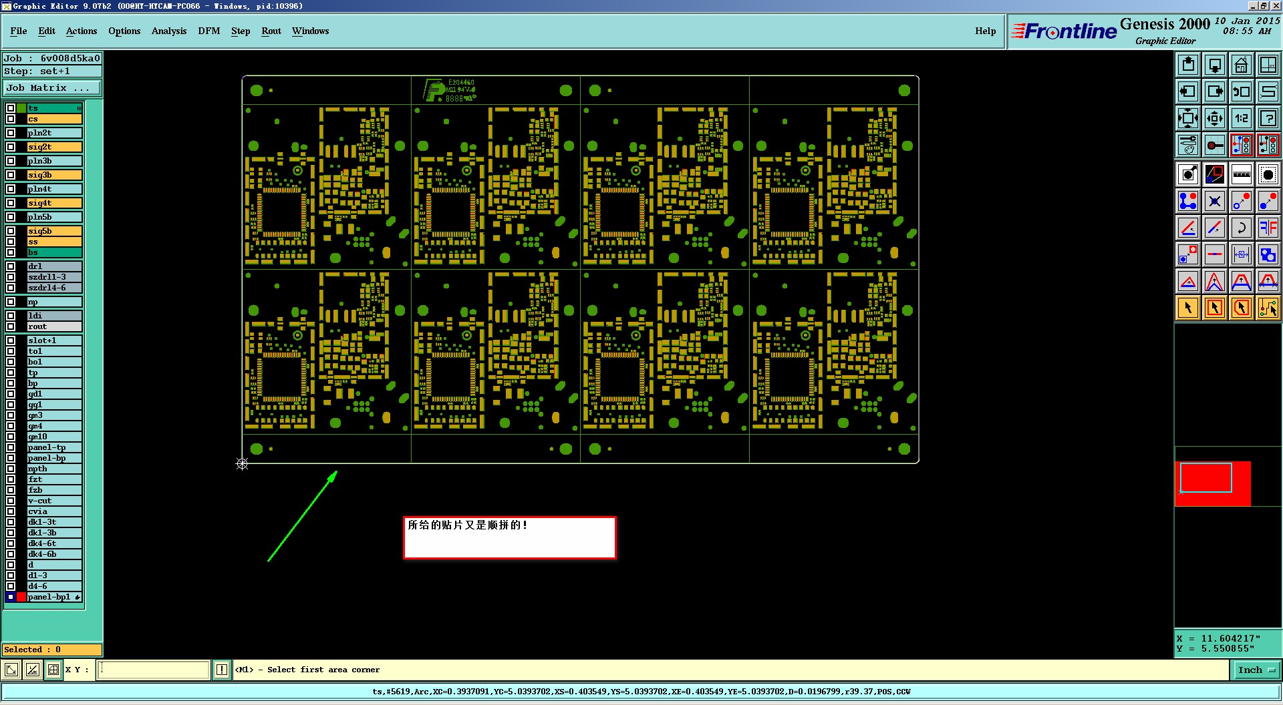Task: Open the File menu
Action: click(19, 31)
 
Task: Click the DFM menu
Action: click(208, 31)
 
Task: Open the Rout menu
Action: click(271, 31)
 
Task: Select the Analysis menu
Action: click(168, 31)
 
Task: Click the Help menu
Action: click(985, 31)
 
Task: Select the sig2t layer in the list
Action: click(53, 147)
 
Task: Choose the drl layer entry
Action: click(53, 266)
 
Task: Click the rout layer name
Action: click(53, 326)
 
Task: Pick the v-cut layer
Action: click(53, 501)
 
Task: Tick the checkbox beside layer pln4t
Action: click(11, 189)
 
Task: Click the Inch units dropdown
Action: click(1256, 670)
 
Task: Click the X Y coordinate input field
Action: click(154, 670)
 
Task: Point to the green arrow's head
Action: click(335, 473)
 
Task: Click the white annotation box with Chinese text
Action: click(509, 537)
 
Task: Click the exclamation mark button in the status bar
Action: click(222, 670)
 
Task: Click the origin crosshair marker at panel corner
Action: click(242, 464)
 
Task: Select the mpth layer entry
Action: click(53, 469)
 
